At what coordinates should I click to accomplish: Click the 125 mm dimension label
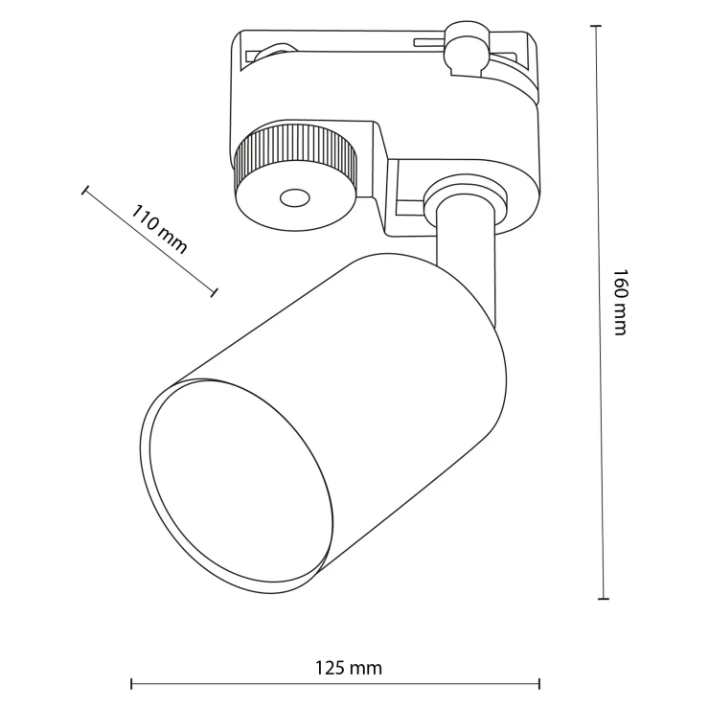348,668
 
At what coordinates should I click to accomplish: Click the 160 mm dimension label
621,303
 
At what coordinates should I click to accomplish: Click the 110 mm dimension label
159,229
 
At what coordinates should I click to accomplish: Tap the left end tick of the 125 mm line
131,684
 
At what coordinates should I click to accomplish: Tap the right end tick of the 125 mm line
539,684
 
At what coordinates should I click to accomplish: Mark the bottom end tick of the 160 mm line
604,599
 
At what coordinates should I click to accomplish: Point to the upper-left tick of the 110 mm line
85,190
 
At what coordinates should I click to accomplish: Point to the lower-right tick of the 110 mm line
214,292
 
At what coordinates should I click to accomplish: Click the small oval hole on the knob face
294,197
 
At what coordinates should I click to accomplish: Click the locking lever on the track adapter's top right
466,49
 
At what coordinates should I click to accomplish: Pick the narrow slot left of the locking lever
428,42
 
